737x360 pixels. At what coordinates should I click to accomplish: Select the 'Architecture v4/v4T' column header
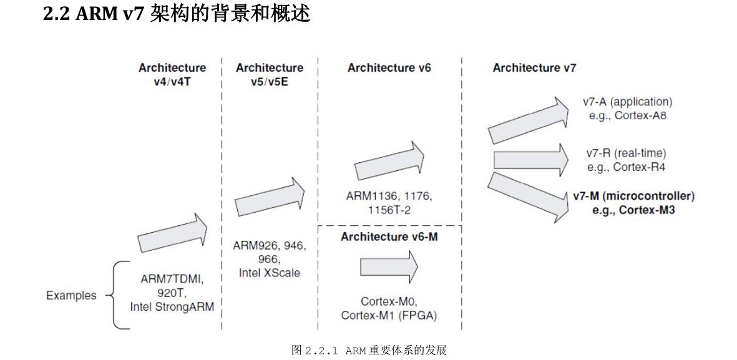point(172,74)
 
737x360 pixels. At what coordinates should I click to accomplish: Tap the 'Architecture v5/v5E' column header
point(270,74)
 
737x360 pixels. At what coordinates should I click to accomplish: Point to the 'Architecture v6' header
point(389,68)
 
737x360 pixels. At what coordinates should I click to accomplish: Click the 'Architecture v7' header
point(534,68)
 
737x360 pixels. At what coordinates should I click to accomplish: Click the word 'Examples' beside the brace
point(71,295)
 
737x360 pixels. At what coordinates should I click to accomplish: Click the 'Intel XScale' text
point(270,273)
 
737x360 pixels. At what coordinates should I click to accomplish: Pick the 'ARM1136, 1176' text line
point(389,196)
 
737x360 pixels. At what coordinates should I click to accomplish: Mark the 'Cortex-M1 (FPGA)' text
point(389,315)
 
